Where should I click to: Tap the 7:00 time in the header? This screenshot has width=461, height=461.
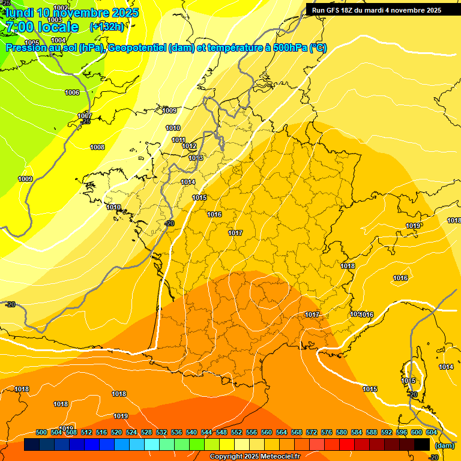pyautogui.click(x=17, y=27)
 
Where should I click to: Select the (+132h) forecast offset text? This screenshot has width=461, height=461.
pyautogui.click(x=107, y=26)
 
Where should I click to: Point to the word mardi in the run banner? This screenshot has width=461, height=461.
pyautogui.click(x=377, y=10)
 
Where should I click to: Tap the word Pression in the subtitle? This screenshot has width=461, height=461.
pyautogui.click(x=26, y=48)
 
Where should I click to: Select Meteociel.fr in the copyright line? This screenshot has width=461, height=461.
pyautogui.click(x=278, y=457)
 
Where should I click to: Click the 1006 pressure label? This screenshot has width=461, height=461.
pyautogui.click(x=72, y=92)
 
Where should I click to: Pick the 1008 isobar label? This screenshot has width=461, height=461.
pyautogui.click(x=97, y=147)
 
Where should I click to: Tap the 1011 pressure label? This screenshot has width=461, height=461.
pyautogui.click(x=179, y=140)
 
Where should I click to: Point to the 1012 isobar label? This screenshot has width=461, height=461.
pyautogui.click(x=190, y=146)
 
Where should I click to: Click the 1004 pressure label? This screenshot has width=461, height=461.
pyautogui.click(x=58, y=40)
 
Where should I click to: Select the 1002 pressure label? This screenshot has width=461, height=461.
pyautogui.click(x=61, y=8)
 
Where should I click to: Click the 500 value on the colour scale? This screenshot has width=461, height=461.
pyautogui.click(x=41, y=432)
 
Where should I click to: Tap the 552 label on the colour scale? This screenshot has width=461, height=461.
pyautogui.click(x=237, y=432)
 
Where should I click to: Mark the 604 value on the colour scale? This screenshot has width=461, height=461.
pyautogui.click(x=432, y=432)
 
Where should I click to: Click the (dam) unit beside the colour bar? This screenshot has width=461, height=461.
pyautogui.click(x=444, y=445)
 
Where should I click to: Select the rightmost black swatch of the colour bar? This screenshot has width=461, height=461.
pyautogui.click(x=422, y=444)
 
